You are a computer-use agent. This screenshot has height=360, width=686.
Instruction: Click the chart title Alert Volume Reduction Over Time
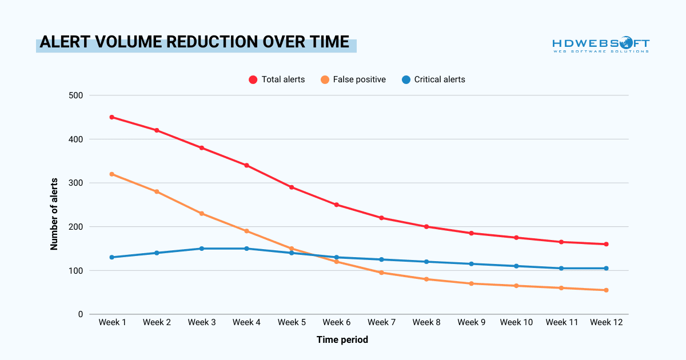click(x=194, y=43)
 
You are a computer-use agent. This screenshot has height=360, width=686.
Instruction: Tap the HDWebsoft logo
click(x=600, y=45)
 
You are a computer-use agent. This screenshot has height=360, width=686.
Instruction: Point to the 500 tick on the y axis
click(x=76, y=95)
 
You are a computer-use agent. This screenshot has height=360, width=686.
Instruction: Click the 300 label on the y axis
click(x=76, y=183)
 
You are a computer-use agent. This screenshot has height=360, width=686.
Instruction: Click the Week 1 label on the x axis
click(x=112, y=322)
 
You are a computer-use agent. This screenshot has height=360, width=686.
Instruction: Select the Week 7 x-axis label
click(x=381, y=322)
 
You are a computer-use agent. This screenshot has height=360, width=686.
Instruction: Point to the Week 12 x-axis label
click(x=606, y=322)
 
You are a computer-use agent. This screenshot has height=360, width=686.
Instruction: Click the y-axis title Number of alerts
click(x=54, y=205)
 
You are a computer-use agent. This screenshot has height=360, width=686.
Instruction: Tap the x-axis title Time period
click(x=342, y=340)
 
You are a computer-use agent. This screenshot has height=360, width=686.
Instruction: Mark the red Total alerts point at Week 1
click(x=112, y=117)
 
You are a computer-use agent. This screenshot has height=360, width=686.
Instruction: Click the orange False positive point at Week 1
click(x=112, y=174)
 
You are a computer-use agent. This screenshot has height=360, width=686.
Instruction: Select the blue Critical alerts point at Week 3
click(x=202, y=249)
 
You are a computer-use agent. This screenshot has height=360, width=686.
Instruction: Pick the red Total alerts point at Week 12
click(x=606, y=244)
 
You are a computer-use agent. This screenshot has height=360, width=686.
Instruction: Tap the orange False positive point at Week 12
click(x=606, y=290)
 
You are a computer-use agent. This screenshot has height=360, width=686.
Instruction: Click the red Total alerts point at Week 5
click(x=292, y=187)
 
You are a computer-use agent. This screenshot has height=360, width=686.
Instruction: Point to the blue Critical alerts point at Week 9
click(x=471, y=264)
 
